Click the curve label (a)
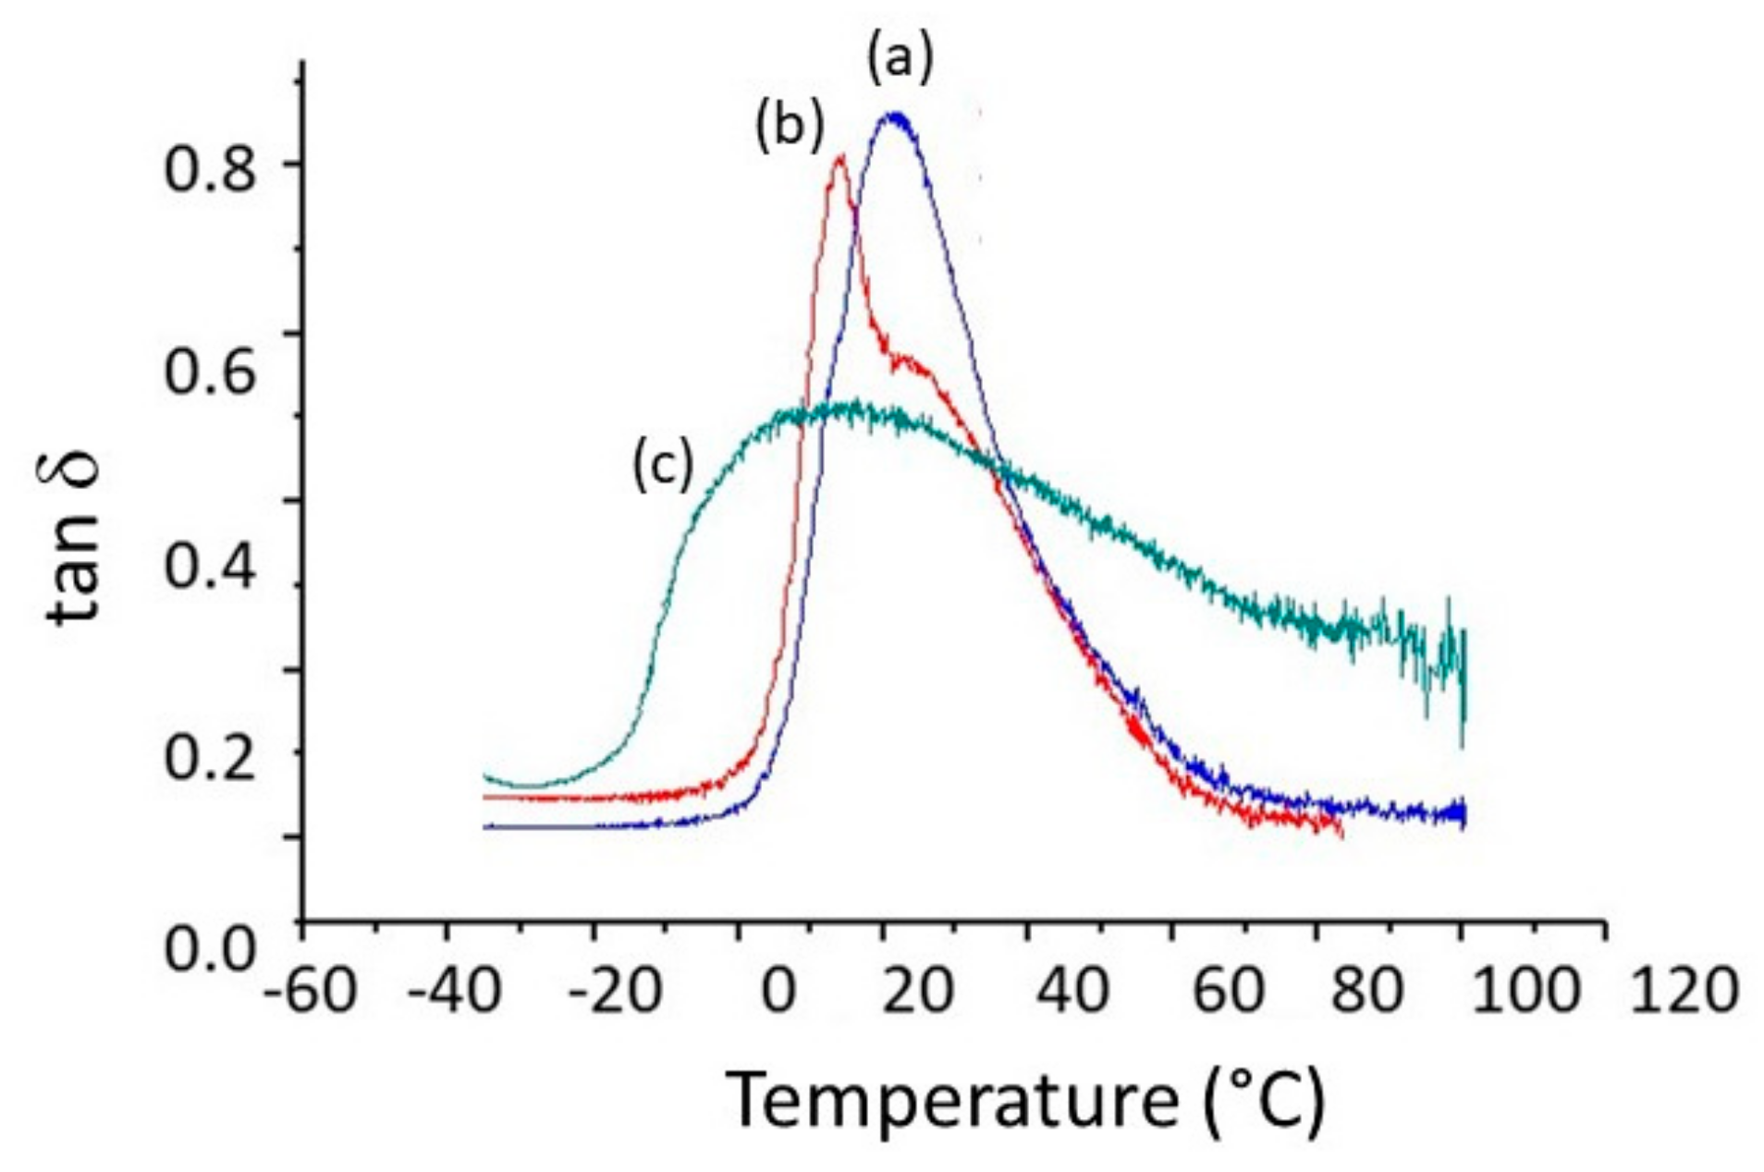coord(900,60)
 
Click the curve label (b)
coord(789,127)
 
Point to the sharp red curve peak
coord(839,158)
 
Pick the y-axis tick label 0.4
coord(209,567)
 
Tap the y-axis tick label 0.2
coord(209,758)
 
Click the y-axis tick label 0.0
coord(209,949)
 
